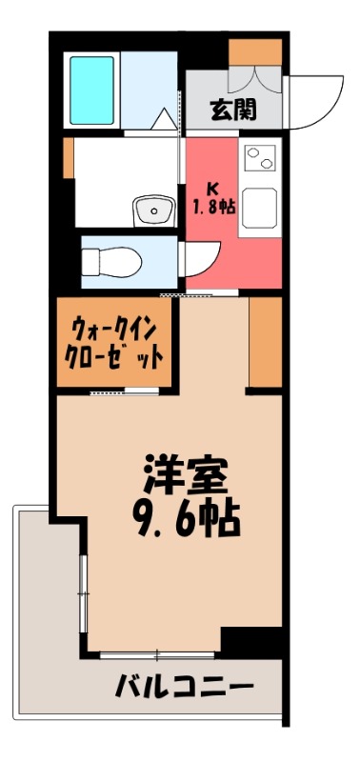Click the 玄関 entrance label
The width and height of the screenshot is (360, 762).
pos(233,110)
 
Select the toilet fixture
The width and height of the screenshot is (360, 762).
pos(111,260)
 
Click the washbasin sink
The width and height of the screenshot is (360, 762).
pos(150,210)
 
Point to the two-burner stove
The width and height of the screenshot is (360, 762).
pos(259,157)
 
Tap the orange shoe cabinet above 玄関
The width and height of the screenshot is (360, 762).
pos(255,53)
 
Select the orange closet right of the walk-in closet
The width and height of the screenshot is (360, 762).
pos(266,341)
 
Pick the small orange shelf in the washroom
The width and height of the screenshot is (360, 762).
pos(68,158)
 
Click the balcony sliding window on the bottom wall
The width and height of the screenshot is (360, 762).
pos(158,654)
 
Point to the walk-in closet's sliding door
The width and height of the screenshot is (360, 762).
pos(124,391)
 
